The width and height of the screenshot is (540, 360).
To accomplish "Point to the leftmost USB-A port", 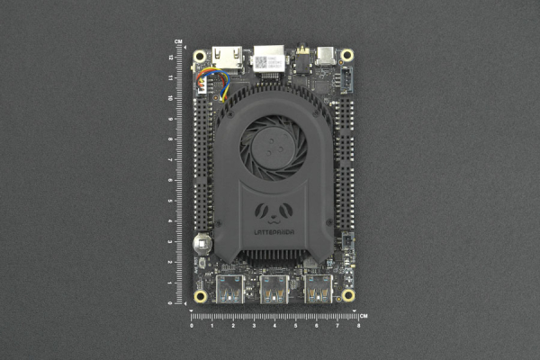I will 229,289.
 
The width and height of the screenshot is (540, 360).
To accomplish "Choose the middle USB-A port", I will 274,289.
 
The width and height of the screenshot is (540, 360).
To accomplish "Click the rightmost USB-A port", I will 318,289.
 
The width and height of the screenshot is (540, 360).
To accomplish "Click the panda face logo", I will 274,213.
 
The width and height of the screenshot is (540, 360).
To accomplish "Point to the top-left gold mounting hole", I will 200,55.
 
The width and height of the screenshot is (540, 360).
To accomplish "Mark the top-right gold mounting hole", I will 347,55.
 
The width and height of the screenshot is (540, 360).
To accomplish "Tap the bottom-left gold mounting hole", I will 200,295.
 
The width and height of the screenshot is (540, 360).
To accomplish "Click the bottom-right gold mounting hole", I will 347,295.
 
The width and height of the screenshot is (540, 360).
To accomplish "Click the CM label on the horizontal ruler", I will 364,315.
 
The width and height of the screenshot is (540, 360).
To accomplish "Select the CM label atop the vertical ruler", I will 179,42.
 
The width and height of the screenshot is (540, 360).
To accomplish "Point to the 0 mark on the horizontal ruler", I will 191,325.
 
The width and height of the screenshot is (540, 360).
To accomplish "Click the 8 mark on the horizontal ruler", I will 358,325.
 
